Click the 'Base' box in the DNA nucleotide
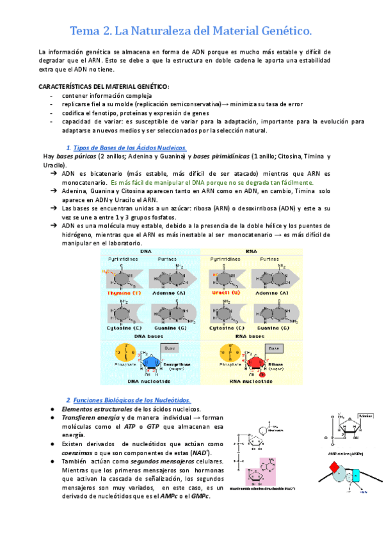[x=170, y=348]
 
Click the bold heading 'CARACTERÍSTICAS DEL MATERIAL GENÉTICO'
[x=104, y=86]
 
